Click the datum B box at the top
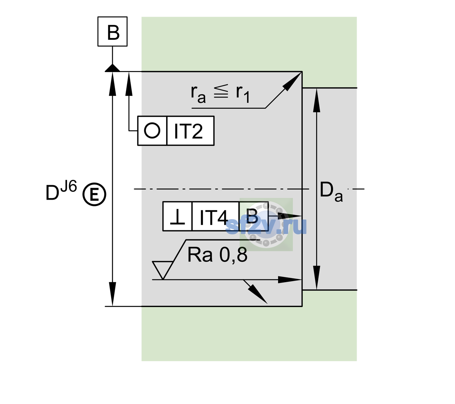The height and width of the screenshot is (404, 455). pyautogui.click(x=112, y=31)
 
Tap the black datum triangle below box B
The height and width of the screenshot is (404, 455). pyautogui.click(x=112, y=68)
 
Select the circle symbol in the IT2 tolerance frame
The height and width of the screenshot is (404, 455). pyautogui.click(x=152, y=131)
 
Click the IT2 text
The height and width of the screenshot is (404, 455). pyautogui.click(x=188, y=131)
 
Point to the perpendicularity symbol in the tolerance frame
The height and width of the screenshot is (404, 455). pyautogui.click(x=177, y=217)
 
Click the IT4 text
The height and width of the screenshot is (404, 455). pyautogui.click(x=214, y=217)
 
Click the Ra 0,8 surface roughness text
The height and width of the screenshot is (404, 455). pyautogui.click(x=217, y=255)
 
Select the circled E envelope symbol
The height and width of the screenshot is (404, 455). pyautogui.click(x=94, y=195)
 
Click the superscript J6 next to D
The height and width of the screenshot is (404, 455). pyautogui.click(x=69, y=186)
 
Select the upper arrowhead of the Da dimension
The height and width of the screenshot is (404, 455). pyautogui.click(x=317, y=100)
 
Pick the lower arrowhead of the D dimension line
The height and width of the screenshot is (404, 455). pyautogui.click(x=112, y=294)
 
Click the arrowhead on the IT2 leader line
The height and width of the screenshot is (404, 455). pyautogui.click(x=129, y=84)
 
